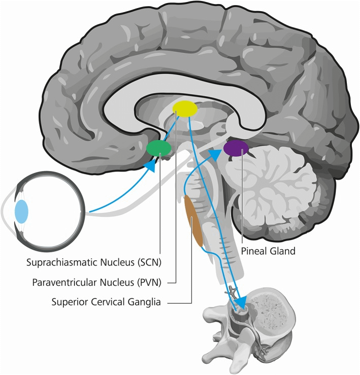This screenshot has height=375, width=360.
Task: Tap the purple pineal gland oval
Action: pyautogui.click(x=236, y=148)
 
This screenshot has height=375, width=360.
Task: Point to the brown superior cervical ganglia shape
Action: pyautogui.click(x=194, y=222)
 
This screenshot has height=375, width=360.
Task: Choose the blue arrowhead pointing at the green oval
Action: pyautogui.click(x=150, y=166)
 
